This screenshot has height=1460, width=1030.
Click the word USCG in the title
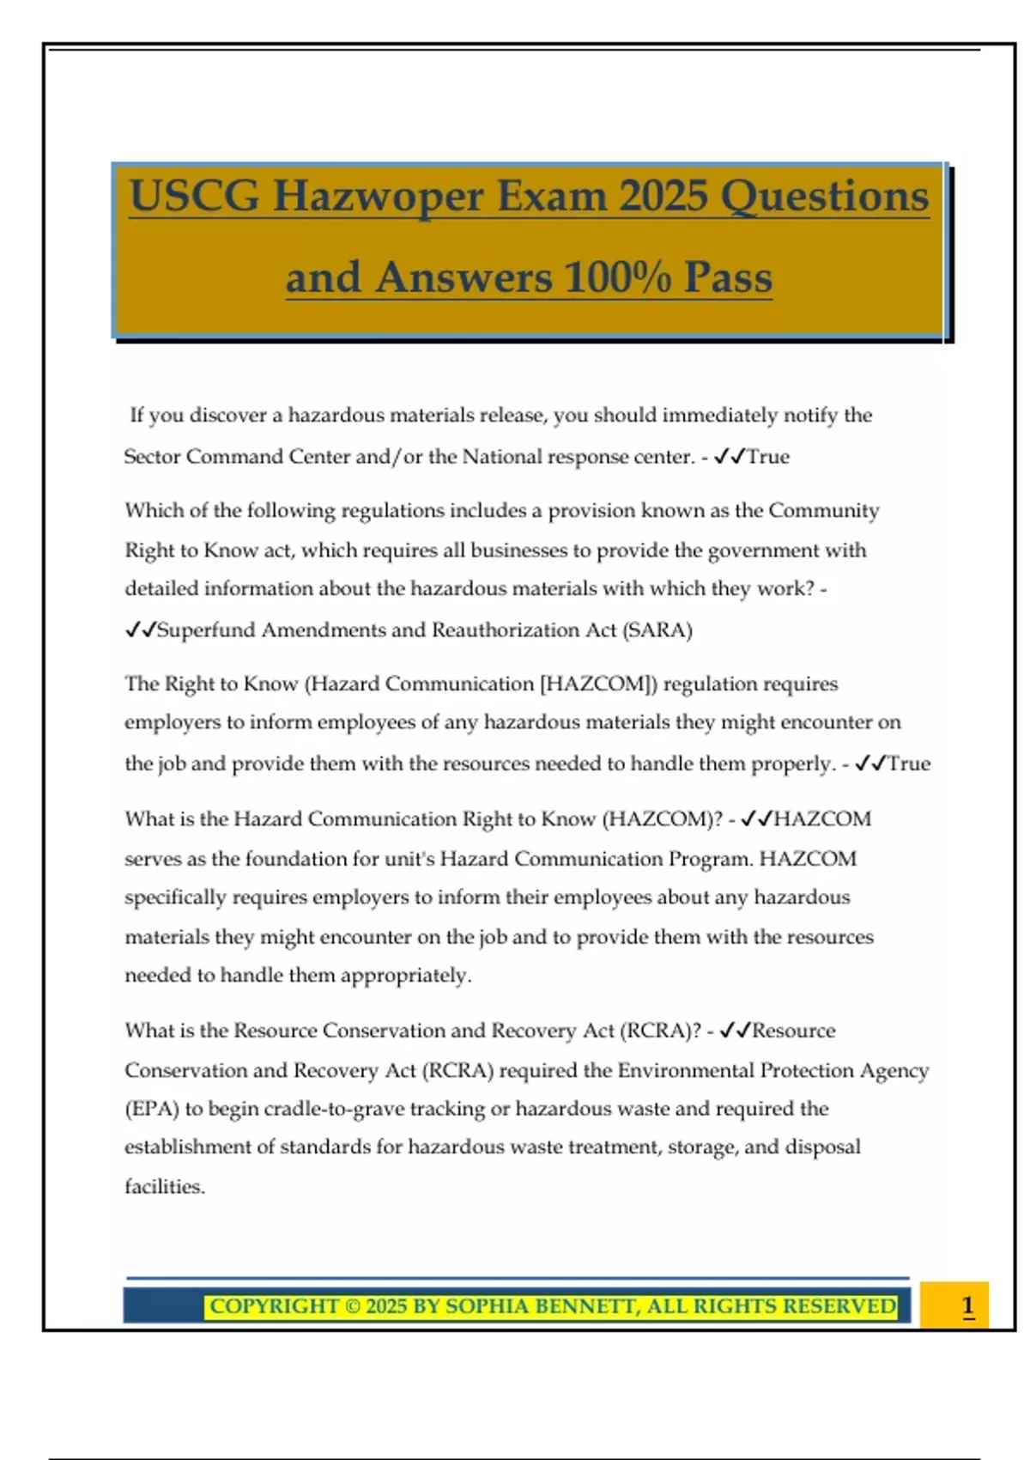click(194, 197)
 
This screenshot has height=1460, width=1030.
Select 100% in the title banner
click(617, 277)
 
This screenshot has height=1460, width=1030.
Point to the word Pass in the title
click(728, 277)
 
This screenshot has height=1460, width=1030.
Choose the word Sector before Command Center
click(152, 457)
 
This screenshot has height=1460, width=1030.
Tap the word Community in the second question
click(823, 511)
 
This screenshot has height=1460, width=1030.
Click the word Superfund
click(206, 630)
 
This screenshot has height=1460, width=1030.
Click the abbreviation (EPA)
click(152, 1109)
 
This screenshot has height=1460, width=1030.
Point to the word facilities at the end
click(164, 1187)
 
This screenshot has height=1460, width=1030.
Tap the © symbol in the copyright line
click(353, 1306)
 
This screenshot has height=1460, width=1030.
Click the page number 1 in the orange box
click(967, 1305)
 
